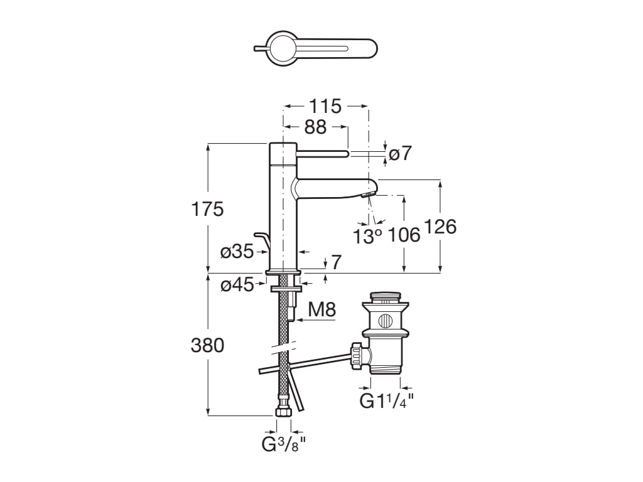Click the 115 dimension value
point(326,106)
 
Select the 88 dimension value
point(315,127)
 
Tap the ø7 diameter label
point(400,153)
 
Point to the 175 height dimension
point(207,209)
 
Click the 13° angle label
point(367,236)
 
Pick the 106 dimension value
point(403,236)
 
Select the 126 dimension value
point(440,227)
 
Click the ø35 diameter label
point(237,252)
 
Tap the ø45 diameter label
point(237,285)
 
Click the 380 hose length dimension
point(207,345)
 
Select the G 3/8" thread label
point(283,445)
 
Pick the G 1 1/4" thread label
point(386,400)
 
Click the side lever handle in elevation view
point(321,153)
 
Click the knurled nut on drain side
point(358,354)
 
